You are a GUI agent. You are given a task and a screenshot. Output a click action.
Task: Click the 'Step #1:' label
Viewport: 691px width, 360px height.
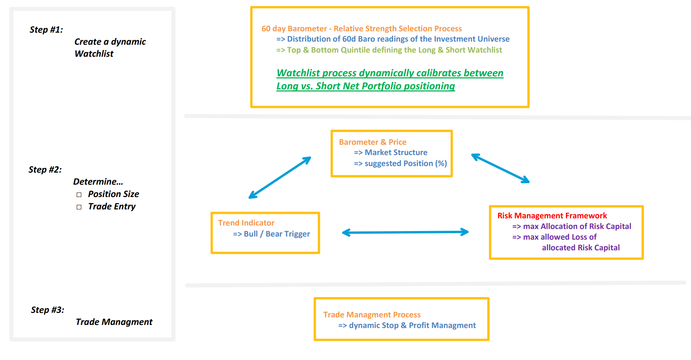(46, 30)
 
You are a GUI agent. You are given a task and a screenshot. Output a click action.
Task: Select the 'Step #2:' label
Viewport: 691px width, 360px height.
(45, 170)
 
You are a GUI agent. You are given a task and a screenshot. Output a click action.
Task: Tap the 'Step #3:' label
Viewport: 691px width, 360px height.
(47, 310)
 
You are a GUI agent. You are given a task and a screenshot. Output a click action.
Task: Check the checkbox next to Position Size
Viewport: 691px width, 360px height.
(79, 195)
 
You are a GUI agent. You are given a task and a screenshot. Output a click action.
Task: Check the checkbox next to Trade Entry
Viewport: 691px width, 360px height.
(79, 207)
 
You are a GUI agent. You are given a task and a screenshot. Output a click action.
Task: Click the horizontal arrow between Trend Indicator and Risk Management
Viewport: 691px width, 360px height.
(405, 232)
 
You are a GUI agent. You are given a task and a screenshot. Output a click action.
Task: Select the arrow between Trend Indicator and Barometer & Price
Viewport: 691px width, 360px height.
(279, 178)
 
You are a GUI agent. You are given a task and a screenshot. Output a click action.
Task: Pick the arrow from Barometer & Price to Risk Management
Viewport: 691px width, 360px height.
(500, 168)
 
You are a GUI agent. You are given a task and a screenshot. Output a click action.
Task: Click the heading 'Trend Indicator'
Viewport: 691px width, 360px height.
(246, 223)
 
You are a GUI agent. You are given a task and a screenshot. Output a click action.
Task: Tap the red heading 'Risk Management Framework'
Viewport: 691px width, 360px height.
(552, 216)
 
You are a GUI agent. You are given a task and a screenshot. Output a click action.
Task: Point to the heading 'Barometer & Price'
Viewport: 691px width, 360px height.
(372, 142)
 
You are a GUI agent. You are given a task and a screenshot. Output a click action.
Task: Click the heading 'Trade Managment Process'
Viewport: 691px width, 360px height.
(372, 315)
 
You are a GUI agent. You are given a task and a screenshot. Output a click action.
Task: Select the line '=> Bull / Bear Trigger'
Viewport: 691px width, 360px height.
(271, 234)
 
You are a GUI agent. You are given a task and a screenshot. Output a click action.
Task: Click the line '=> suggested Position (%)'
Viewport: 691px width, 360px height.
(400, 163)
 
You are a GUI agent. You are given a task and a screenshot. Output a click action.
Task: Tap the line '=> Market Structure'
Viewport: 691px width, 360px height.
(391, 152)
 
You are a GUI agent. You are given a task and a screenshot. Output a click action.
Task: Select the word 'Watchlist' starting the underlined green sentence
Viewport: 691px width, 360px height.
(298, 73)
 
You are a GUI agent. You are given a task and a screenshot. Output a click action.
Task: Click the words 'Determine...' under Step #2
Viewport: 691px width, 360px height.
(98, 182)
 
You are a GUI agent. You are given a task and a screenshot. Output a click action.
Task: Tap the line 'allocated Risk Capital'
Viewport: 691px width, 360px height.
(581, 248)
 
